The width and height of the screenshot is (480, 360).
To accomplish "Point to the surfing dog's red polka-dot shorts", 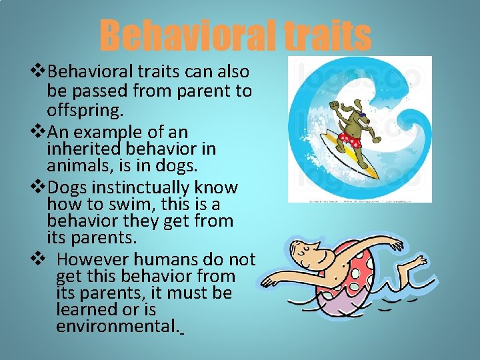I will point(349,139).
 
